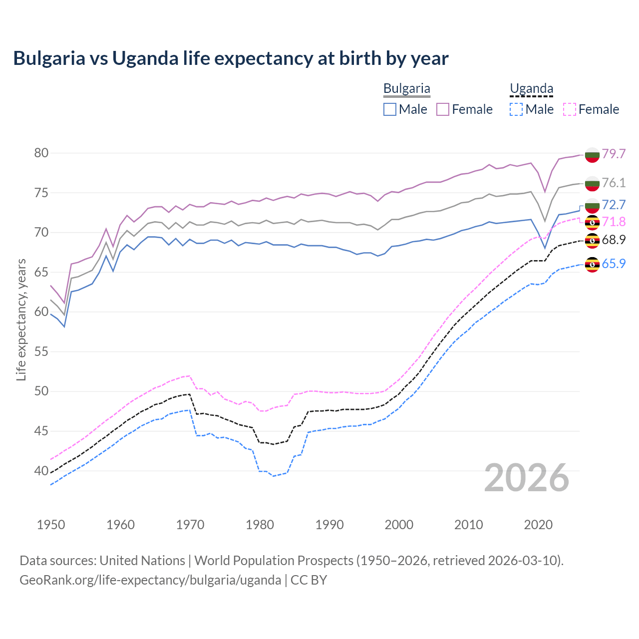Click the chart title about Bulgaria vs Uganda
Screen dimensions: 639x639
231,58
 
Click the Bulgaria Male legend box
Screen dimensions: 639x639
390,109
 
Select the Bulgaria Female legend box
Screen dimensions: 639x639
443,109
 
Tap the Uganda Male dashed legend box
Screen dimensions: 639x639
516,109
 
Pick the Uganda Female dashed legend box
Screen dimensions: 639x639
570,109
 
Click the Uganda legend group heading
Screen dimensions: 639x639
531,89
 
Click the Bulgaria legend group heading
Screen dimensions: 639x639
406,89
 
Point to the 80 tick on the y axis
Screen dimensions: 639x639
41,153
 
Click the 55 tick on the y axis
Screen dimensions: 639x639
41,351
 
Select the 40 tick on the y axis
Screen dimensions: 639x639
41,471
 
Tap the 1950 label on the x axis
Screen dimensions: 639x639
51,525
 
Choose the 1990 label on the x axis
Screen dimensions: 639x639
329,525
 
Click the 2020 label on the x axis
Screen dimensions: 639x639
538,525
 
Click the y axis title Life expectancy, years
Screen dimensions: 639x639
21,319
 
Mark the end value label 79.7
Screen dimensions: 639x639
614,154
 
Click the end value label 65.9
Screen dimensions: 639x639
614,264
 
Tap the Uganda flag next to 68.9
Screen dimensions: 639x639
592,241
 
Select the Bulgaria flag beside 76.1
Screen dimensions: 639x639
592,183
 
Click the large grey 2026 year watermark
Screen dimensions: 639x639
527,478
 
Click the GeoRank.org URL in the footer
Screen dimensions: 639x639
150,580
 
